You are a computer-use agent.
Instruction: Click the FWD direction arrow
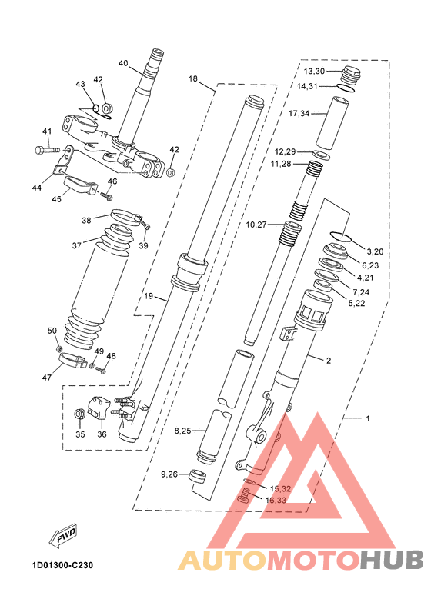coord(63,537)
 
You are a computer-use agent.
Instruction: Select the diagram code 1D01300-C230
coord(63,565)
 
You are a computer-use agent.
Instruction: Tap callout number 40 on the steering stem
coord(123,63)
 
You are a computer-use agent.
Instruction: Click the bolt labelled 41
coord(47,149)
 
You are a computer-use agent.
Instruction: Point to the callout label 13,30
coord(314,71)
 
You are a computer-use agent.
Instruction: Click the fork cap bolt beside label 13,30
coord(351,75)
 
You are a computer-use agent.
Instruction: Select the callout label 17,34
coord(299,114)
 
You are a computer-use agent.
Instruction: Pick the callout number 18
coord(193,79)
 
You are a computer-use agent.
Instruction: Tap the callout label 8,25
coord(182,431)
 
